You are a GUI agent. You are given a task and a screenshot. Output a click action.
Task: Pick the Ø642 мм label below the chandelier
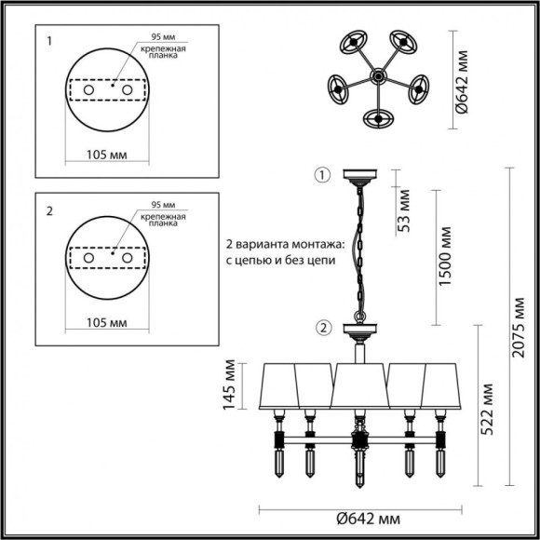(x=359, y=520)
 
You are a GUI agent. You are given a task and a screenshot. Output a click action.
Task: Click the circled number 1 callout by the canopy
(x=323, y=175)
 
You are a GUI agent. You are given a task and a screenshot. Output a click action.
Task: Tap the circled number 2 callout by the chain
(x=323, y=327)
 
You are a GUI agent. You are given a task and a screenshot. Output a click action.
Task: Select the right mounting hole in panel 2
(x=128, y=257)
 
